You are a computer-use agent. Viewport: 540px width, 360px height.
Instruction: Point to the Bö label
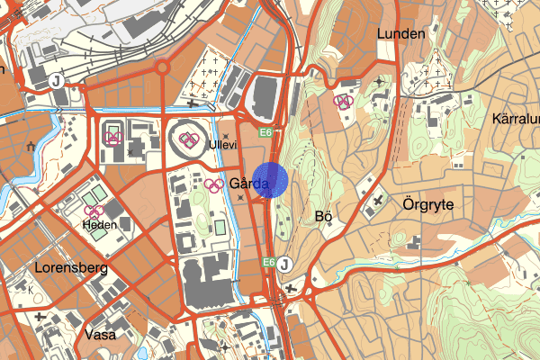[x=325, y=216]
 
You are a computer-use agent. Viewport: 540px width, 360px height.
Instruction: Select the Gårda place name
[x=249, y=183]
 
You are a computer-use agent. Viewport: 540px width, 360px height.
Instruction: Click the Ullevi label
[x=221, y=144]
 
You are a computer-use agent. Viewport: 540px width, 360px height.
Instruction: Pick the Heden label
[x=100, y=226]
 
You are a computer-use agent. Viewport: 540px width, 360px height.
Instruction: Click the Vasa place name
[x=99, y=334]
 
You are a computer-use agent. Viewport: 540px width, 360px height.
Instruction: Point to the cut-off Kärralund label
[x=516, y=119]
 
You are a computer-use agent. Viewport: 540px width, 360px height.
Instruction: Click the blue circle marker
[x=271, y=179]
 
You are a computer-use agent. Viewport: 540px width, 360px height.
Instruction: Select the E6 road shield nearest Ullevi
[x=266, y=133]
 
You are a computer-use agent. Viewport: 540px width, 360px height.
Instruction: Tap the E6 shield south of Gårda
[x=268, y=262]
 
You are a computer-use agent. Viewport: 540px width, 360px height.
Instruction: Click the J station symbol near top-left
[x=57, y=80]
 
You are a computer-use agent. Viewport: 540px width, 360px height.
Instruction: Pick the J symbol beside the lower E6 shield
[x=284, y=263]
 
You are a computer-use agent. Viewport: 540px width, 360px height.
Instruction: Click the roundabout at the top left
[x=164, y=67]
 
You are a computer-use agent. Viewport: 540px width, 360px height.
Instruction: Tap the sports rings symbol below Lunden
[x=342, y=103]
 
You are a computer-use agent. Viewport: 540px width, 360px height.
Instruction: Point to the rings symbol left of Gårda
[x=214, y=185]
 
